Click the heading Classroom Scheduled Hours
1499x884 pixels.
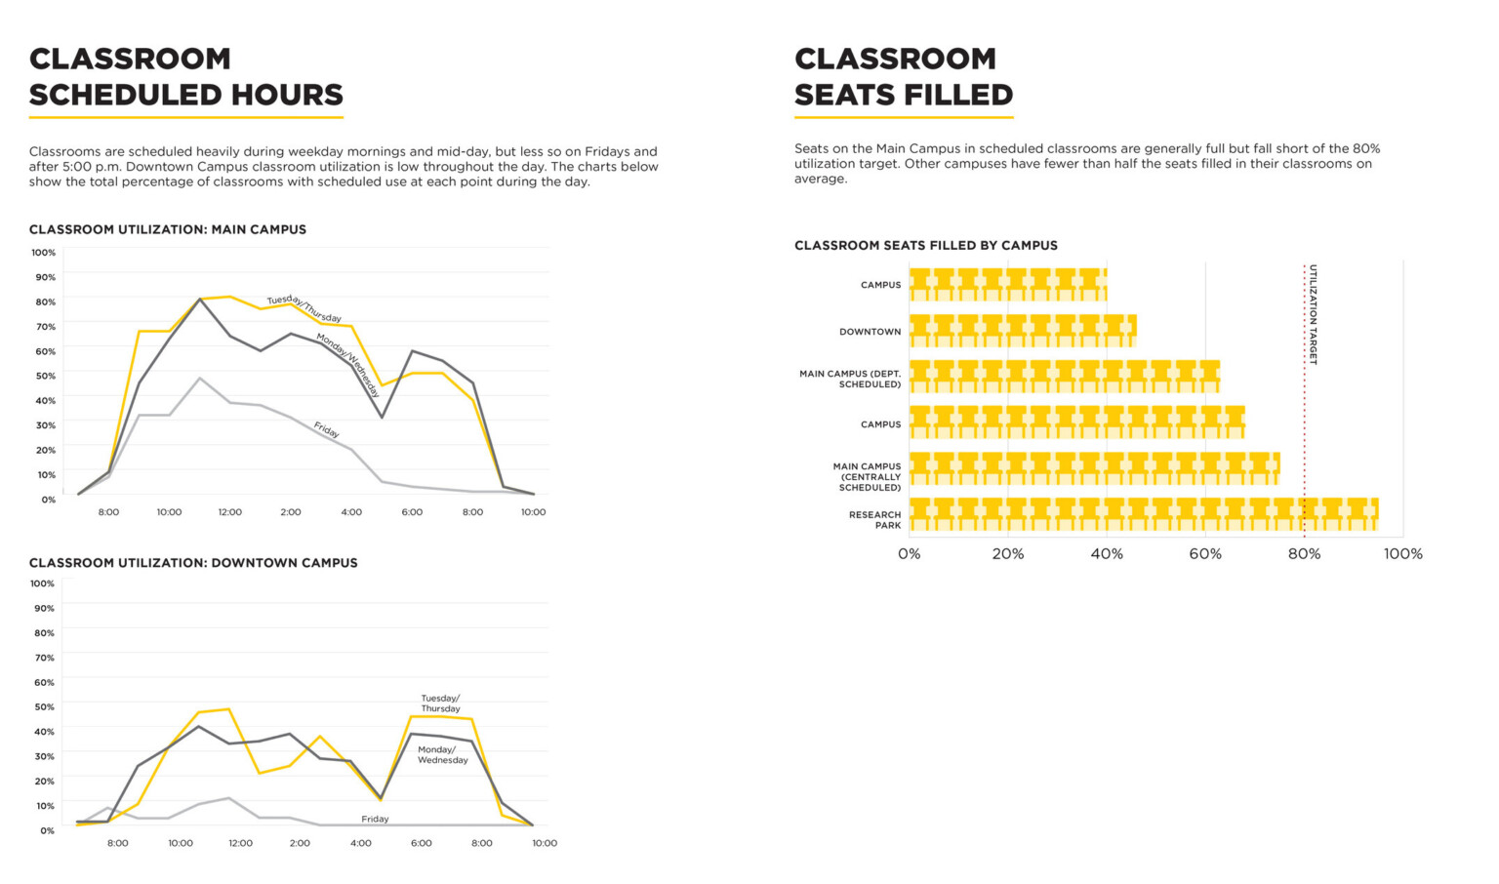pos(185,76)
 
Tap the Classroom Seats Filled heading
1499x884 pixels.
pos(903,76)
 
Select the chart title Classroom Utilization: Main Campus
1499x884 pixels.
pos(168,229)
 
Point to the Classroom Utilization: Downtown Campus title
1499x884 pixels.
pos(193,563)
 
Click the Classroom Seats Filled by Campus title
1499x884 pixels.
pos(925,245)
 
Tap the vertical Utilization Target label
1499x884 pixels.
pos(1313,314)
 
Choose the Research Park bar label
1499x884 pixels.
pos(874,520)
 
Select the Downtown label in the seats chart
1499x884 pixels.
pos(870,332)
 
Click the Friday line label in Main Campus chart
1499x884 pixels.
pos(326,429)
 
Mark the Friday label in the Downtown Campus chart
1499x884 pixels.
pos(375,819)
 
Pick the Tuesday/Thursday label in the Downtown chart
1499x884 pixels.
pos(440,703)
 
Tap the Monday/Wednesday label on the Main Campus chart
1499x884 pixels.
pos(347,365)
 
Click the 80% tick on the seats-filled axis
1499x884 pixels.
pos(1304,554)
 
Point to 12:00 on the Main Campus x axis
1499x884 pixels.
pos(229,512)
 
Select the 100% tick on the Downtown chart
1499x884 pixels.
pos(42,583)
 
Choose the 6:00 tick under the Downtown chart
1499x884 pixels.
pos(421,843)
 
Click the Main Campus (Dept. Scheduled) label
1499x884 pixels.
pos(850,379)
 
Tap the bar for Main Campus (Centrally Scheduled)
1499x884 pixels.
pos(1094,468)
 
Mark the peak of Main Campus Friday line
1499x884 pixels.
pos(199,378)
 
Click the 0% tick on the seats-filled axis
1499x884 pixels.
pos(909,554)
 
